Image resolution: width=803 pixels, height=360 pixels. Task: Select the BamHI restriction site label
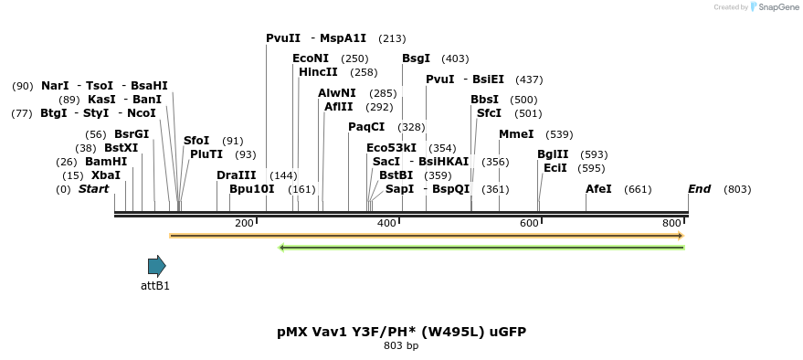click(x=106, y=162)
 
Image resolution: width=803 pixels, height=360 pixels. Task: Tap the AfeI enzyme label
click(x=598, y=189)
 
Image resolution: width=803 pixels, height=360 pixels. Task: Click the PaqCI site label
click(x=366, y=127)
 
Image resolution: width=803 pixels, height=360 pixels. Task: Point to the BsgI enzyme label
click(x=416, y=58)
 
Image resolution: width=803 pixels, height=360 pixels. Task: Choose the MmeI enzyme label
click(x=516, y=134)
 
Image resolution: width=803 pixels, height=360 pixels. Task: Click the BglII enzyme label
click(x=553, y=154)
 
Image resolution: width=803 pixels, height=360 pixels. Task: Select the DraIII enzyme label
click(x=237, y=175)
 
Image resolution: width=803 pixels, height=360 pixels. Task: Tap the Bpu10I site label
click(x=251, y=189)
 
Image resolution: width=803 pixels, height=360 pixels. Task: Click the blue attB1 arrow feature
click(x=157, y=266)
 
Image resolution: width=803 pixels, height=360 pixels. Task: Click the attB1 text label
click(x=155, y=285)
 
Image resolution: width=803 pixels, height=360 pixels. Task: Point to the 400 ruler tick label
click(x=386, y=224)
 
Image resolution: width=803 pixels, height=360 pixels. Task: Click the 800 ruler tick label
click(x=671, y=224)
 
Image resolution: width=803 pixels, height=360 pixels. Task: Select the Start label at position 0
click(x=93, y=189)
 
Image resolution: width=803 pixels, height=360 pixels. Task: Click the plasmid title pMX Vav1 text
click(x=401, y=332)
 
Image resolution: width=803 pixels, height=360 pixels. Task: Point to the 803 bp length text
click(x=401, y=346)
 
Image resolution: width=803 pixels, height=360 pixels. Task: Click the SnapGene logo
click(x=773, y=7)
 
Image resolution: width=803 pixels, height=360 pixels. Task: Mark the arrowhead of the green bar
click(x=282, y=247)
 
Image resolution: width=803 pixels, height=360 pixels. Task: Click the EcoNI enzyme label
click(x=311, y=58)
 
